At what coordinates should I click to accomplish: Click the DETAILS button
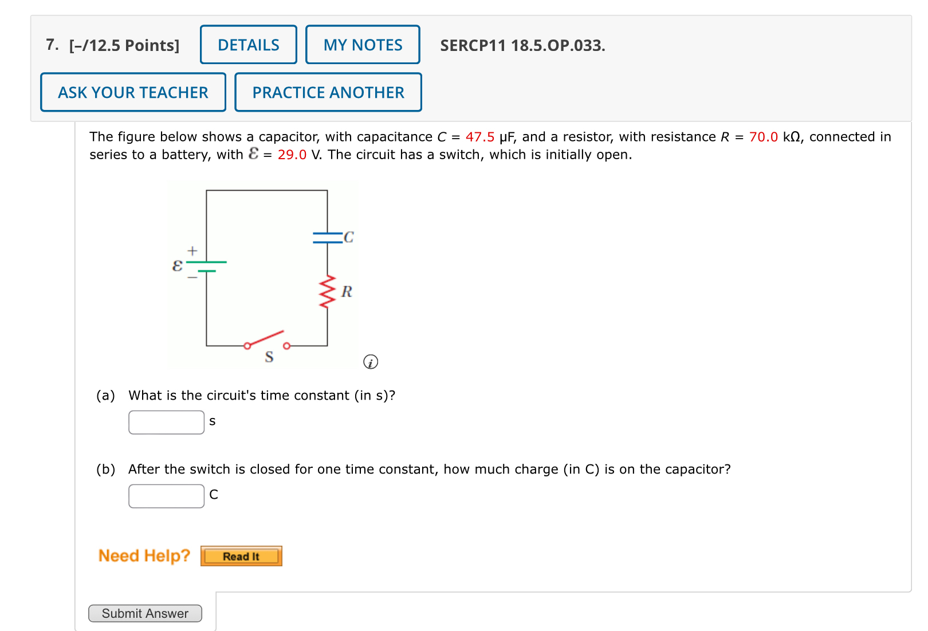point(248,45)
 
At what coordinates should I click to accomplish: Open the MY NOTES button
point(363,45)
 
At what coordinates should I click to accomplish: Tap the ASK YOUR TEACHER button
point(133,92)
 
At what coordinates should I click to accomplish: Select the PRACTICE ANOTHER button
point(328,92)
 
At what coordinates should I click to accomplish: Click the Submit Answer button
point(145,613)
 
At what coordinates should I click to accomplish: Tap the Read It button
point(241,556)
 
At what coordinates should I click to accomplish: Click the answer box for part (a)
point(166,423)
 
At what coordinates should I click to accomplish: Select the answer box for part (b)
point(166,496)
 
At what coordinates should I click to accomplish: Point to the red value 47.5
point(479,137)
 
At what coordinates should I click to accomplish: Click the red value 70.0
point(763,137)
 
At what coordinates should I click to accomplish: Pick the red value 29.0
point(292,155)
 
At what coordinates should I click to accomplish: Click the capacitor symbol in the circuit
point(328,238)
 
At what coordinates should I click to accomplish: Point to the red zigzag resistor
point(327,291)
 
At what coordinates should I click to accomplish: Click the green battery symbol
point(206,266)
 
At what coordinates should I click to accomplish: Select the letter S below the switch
point(269,357)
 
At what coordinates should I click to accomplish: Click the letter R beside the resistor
point(347,292)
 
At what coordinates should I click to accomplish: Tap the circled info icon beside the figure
point(371,362)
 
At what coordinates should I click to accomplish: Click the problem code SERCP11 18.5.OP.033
point(522,45)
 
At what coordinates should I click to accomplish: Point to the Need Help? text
point(144,555)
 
